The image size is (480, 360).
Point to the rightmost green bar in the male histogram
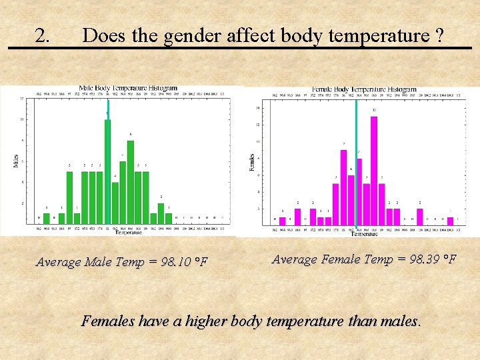pos(169,217)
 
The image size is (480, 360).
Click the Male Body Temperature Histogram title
pos(128,87)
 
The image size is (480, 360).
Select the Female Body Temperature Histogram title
pos(364,89)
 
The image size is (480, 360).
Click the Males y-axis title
pos(16,160)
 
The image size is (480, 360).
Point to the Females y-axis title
pos(252,162)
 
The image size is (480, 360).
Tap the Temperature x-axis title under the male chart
pos(128,233)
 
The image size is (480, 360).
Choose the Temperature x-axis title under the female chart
pos(364,234)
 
